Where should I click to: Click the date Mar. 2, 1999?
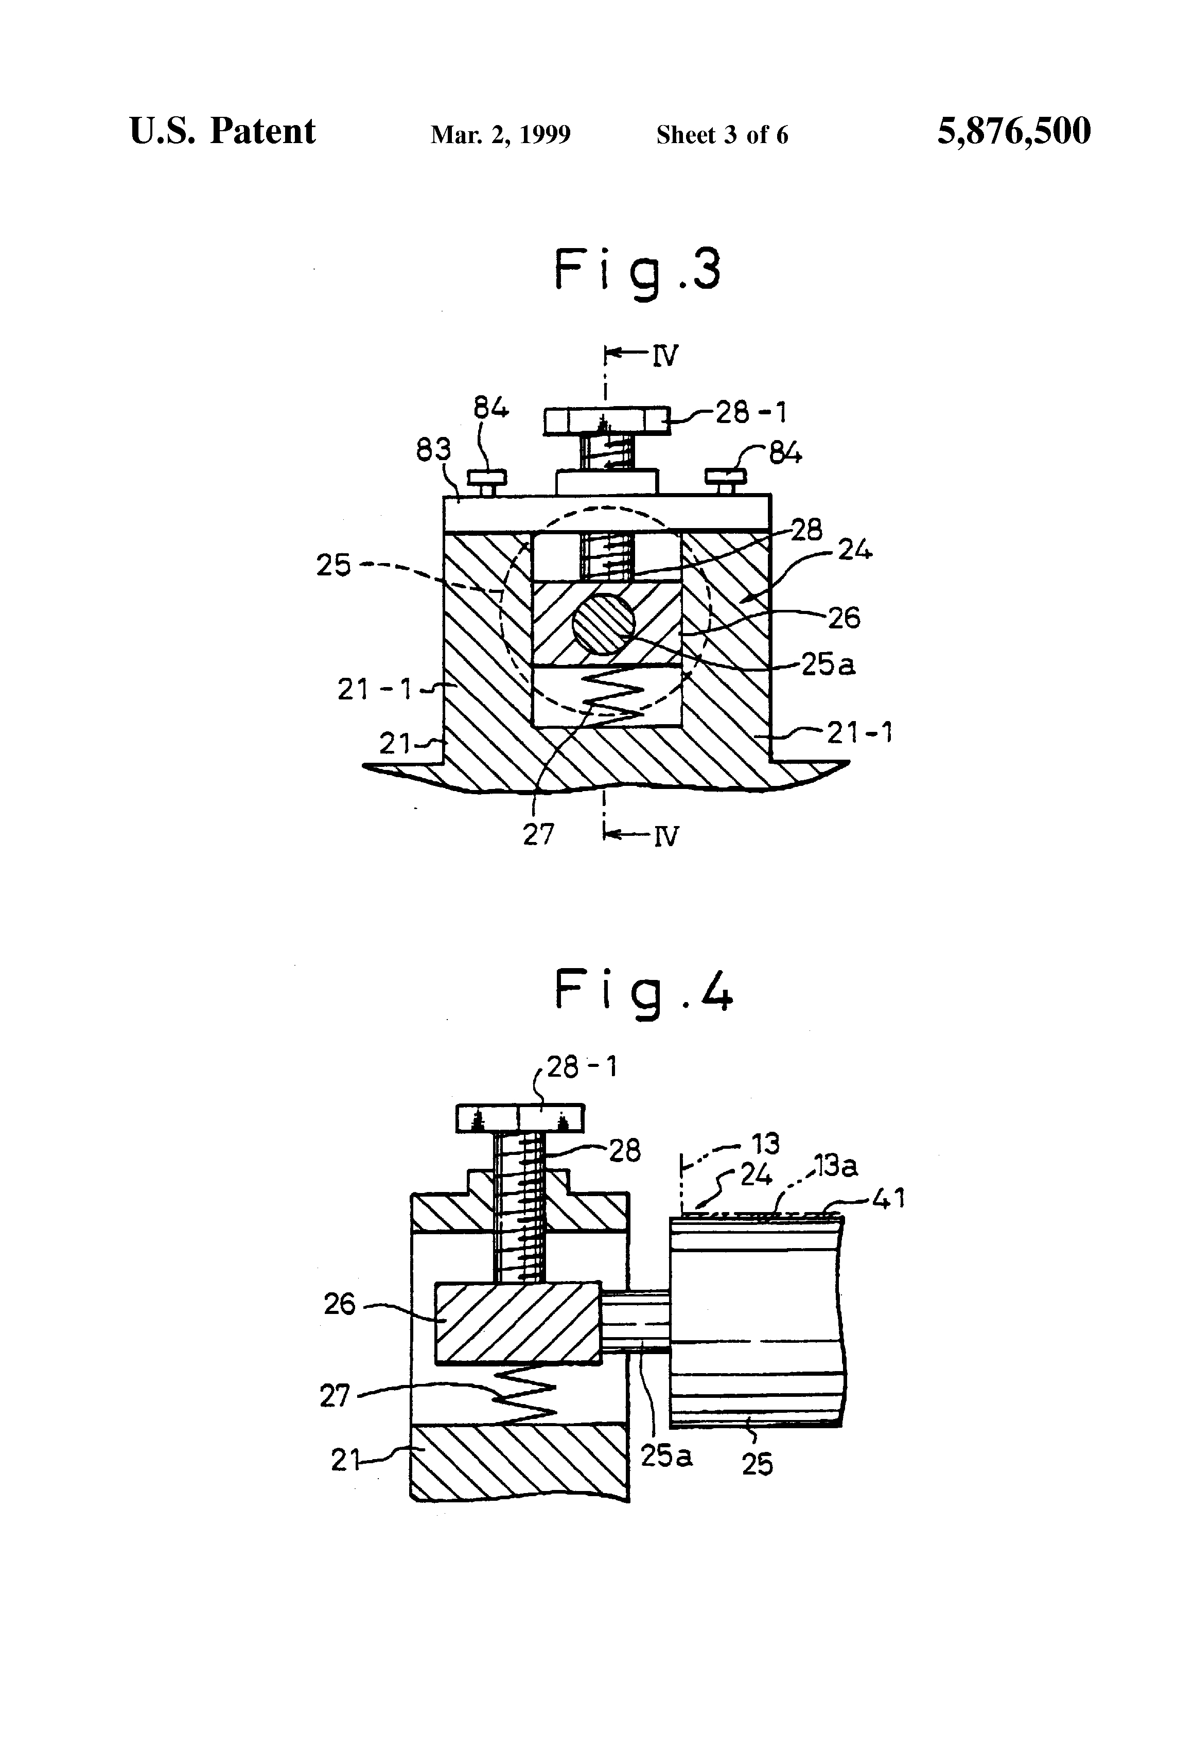500,134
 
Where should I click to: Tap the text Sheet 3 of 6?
722,134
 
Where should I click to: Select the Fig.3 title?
638,273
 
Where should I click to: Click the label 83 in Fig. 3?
434,450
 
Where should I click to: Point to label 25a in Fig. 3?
828,664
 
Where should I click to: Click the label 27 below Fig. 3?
538,834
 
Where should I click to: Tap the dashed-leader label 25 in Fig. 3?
333,565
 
